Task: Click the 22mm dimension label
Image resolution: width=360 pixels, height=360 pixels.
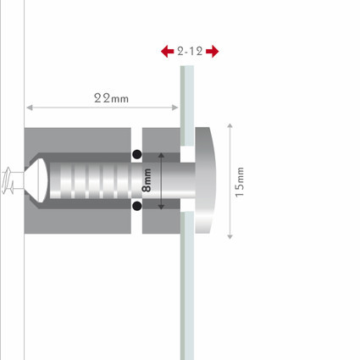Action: click(x=111, y=98)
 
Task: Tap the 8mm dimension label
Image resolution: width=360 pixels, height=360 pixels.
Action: click(x=147, y=180)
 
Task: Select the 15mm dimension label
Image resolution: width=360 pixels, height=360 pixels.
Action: click(x=240, y=182)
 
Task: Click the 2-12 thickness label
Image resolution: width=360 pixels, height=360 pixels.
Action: click(x=190, y=52)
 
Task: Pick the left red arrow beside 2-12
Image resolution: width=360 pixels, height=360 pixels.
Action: click(x=167, y=52)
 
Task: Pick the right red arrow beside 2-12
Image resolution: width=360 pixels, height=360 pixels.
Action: click(x=213, y=52)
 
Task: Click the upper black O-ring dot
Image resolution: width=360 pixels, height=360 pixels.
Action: click(x=137, y=154)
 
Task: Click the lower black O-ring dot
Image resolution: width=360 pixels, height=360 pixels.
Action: click(x=137, y=206)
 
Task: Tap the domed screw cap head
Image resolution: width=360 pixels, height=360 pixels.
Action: click(x=205, y=180)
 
